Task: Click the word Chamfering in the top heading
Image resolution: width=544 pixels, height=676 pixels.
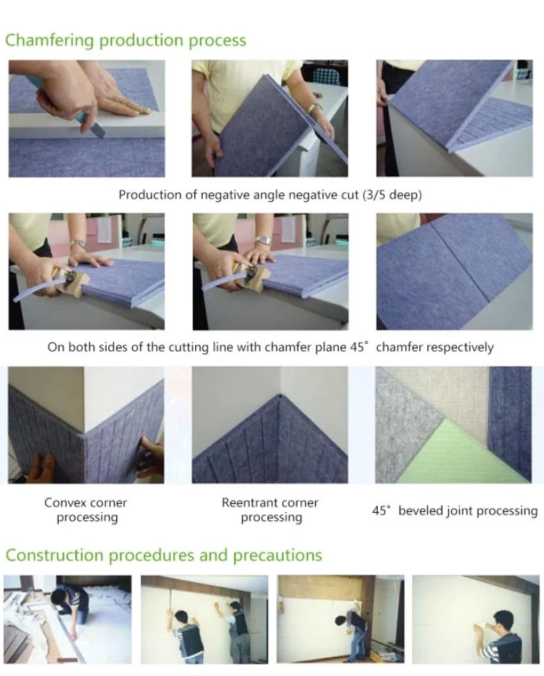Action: (49, 40)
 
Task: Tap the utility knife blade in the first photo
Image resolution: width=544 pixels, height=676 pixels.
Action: (99, 129)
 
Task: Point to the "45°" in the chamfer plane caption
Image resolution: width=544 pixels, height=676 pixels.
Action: (359, 347)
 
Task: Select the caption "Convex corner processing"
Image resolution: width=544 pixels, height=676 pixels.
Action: (86, 510)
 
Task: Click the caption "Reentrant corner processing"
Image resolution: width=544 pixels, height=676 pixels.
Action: (271, 510)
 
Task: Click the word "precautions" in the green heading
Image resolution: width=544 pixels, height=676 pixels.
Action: (278, 556)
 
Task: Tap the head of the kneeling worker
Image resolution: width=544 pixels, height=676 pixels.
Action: (58, 598)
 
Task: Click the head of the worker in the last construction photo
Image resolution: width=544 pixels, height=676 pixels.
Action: (503, 619)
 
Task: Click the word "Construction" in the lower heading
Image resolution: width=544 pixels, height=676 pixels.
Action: (54, 556)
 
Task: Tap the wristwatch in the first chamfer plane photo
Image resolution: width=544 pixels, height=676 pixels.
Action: (78, 244)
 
